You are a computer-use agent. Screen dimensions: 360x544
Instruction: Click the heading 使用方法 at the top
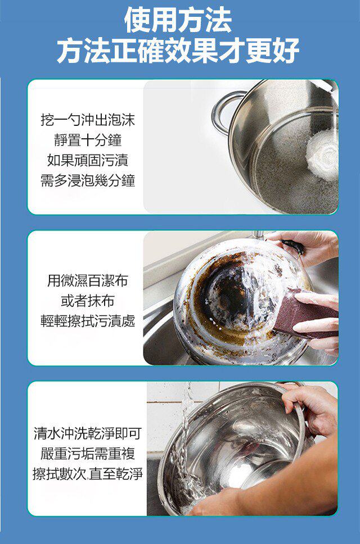tap(178, 20)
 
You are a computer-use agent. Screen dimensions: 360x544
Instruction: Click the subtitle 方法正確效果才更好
tap(178, 50)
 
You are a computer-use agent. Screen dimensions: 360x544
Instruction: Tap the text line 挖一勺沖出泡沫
tap(88, 120)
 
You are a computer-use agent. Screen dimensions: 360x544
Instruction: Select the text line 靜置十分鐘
tap(88, 140)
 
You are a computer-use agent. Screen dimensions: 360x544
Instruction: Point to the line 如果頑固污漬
tap(88, 160)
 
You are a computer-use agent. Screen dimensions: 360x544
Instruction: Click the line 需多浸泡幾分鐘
tap(88, 180)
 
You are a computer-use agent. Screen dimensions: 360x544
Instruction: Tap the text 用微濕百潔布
tap(88, 280)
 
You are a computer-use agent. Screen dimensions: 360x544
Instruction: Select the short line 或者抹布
tap(88, 301)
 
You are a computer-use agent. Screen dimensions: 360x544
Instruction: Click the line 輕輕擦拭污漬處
tap(88, 321)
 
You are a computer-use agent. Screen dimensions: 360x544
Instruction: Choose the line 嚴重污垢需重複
tap(88, 453)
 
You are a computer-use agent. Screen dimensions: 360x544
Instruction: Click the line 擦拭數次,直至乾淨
tap(88, 474)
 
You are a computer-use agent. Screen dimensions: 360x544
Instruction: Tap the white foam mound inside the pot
tap(323, 155)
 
